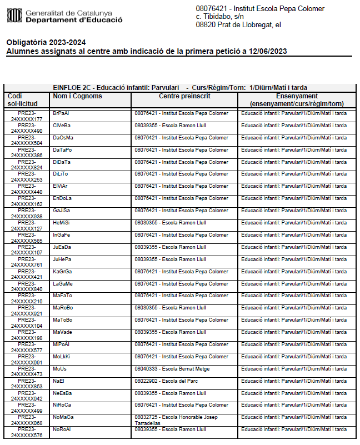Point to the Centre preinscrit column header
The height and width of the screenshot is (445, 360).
[x=184, y=97]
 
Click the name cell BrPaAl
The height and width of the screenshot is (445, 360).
[x=61, y=113]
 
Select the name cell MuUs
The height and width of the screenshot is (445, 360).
[x=59, y=368]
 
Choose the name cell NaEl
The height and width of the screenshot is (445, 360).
[x=58, y=381]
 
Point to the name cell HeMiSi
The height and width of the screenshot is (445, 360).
[x=62, y=223]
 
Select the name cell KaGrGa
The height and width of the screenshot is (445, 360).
[x=63, y=271]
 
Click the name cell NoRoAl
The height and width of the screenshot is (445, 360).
[x=62, y=429]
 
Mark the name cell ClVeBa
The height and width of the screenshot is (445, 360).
[x=62, y=126]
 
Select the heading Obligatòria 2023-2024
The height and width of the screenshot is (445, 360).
[x=46, y=43]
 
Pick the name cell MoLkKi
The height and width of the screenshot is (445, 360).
[x=62, y=356]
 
